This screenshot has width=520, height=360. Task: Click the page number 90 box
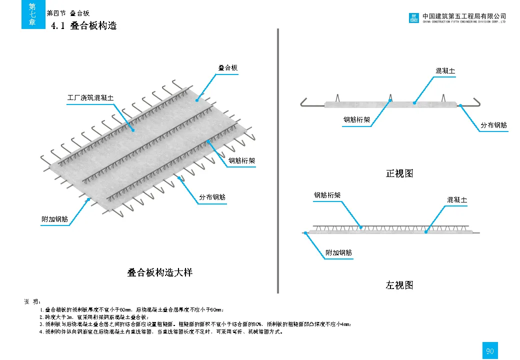tap(490, 351)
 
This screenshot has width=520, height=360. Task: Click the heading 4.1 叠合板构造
tap(84, 25)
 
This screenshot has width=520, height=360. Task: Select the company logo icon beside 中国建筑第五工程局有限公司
tap(414, 18)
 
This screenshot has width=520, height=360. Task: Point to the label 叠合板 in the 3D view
tap(227, 67)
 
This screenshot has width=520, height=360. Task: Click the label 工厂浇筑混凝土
tap(90, 97)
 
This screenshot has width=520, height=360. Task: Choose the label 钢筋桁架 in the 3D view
tap(242, 160)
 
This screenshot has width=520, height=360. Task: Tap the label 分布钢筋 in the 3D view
tap(212, 197)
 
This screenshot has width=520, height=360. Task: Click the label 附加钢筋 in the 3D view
tap(54, 219)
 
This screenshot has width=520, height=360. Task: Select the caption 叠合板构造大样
tap(160, 272)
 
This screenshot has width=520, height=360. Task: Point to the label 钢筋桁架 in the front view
tap(356, 120)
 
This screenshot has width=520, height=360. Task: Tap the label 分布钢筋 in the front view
tap(493, 125)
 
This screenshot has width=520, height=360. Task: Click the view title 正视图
tap(399, 173)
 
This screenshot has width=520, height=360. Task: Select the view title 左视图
tap(399, 285)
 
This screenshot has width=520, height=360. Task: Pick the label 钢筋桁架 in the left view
tap(327, 195)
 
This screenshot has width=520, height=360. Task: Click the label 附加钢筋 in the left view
tap(338, 252)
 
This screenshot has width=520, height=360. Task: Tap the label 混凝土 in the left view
tap(457, 200)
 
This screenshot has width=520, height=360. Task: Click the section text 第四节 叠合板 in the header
tap(67, 13)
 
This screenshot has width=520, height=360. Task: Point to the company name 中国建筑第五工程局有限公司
tap(464, 16)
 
